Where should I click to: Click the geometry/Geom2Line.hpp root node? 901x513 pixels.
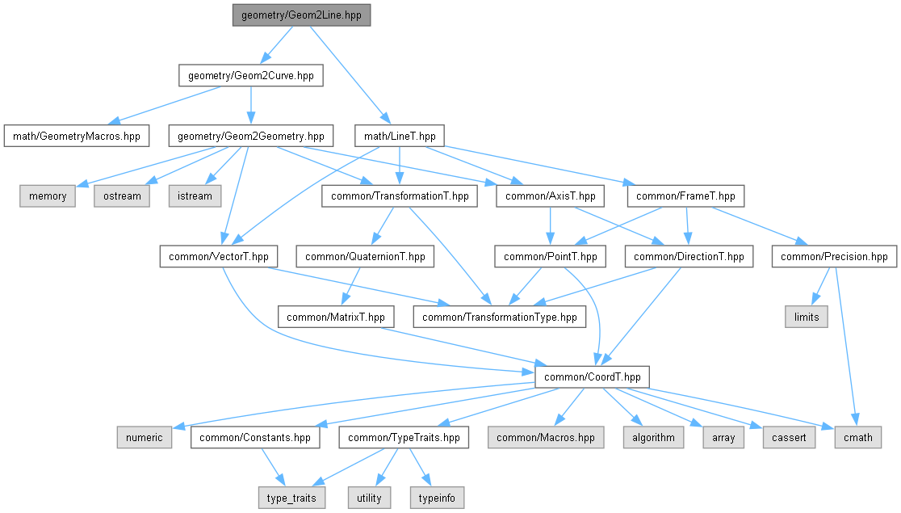tap(300, 15)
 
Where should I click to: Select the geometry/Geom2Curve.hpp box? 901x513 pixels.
tap(250, 76)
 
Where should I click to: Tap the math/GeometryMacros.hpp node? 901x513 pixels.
tap(76, 136)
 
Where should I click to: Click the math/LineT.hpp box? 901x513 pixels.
tap(400, 136)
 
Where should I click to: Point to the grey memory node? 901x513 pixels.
tap(48, 196)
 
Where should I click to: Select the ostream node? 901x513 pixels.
tap(123, 196)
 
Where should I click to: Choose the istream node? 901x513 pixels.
tap(194, 196)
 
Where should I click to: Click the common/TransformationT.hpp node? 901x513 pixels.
tap(399, 196)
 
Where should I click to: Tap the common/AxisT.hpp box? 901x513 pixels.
tap(550, 196)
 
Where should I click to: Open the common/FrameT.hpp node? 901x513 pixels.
tap(685, 196)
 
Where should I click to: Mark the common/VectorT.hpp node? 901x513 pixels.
tap(219, 257)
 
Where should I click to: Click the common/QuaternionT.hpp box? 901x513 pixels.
tap(366, 257)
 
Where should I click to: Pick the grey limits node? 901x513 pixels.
tap(806, 317)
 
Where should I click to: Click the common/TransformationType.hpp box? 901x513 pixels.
tap(500, 317)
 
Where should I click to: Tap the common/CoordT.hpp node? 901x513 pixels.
tap(593, 377)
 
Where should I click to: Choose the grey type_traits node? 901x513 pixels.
tap(291, 498)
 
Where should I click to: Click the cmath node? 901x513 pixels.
tap(857, 438)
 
